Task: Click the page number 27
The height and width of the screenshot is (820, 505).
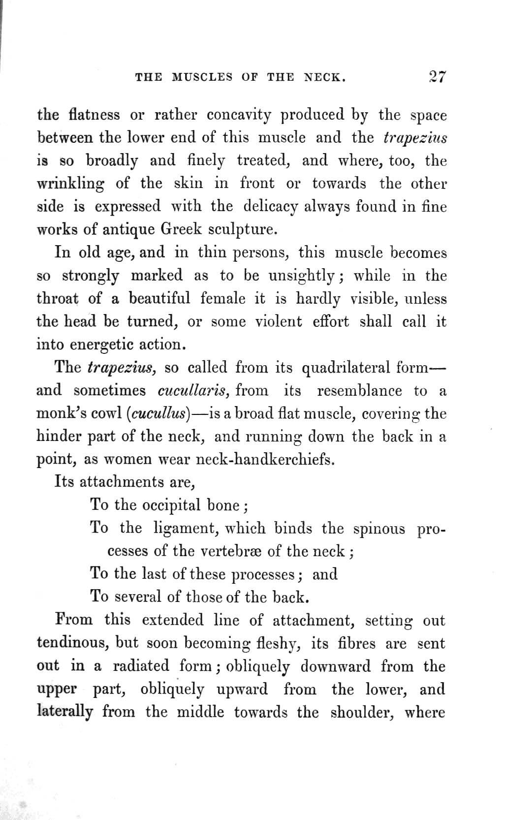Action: point(437,77)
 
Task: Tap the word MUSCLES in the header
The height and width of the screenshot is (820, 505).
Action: point(202,77)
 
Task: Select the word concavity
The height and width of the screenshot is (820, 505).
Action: point(239,116)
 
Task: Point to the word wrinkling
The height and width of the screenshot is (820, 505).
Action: point(70,184)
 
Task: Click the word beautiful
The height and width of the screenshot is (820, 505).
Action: point(159,298)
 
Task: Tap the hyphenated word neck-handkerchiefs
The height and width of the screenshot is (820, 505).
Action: point(265,459)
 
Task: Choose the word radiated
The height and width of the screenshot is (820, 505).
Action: point(141,665)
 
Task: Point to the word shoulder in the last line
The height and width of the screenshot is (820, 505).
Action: point(362,712)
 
